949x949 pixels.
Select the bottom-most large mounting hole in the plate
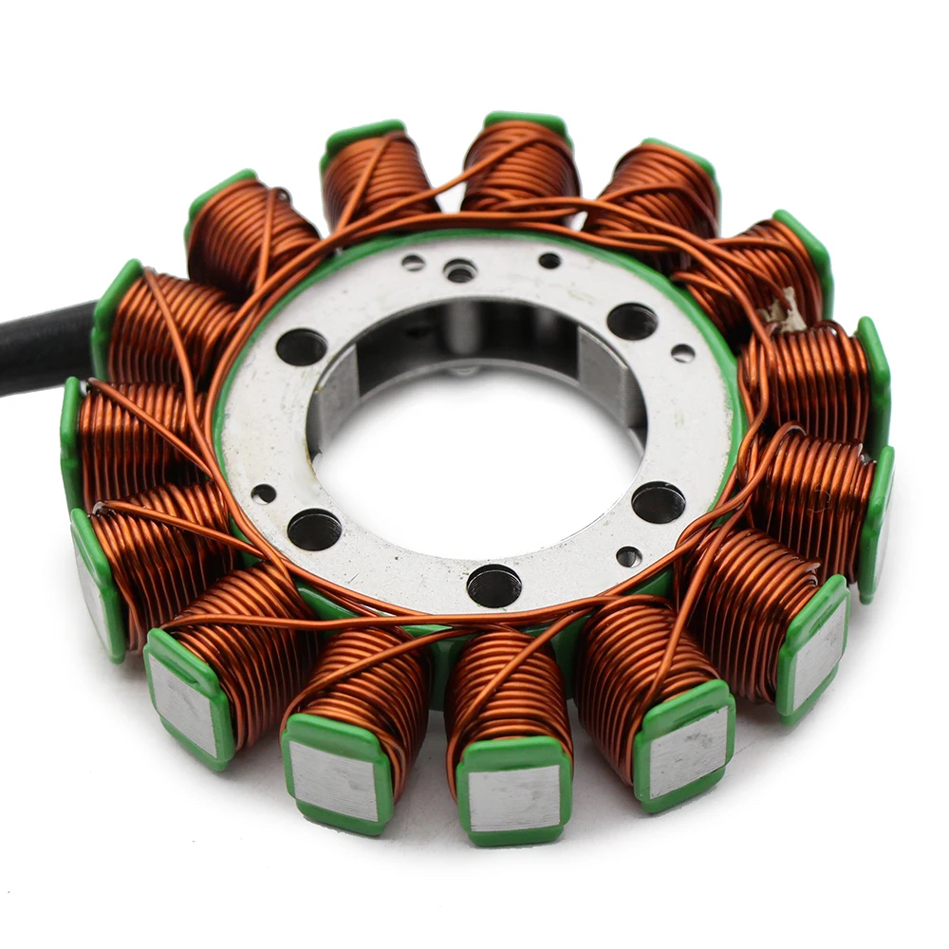click(493, 586)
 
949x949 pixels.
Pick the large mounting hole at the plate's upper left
click(302, 347)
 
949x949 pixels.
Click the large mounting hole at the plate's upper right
click(632, 322)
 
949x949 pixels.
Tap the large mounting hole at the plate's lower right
click(659, 502)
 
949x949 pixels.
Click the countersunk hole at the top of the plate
click(460, 271)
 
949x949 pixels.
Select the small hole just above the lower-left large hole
click(265, 493)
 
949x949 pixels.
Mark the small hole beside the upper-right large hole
click(682, 353)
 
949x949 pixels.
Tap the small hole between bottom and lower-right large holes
click(628, 557)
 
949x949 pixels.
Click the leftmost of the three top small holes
click(413, 262)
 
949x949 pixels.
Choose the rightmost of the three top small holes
click(549, 260)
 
